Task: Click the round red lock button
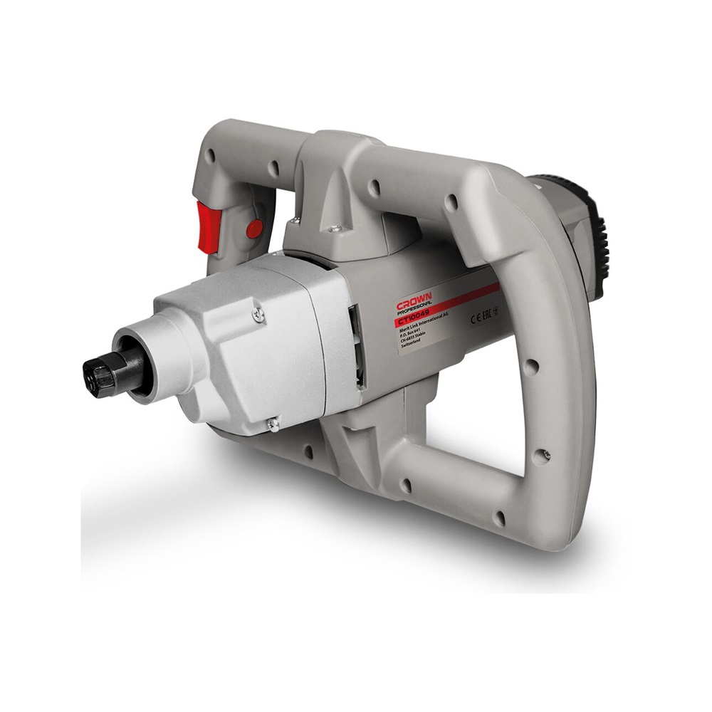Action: (253, 229)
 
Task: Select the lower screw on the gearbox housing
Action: (273, 425)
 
